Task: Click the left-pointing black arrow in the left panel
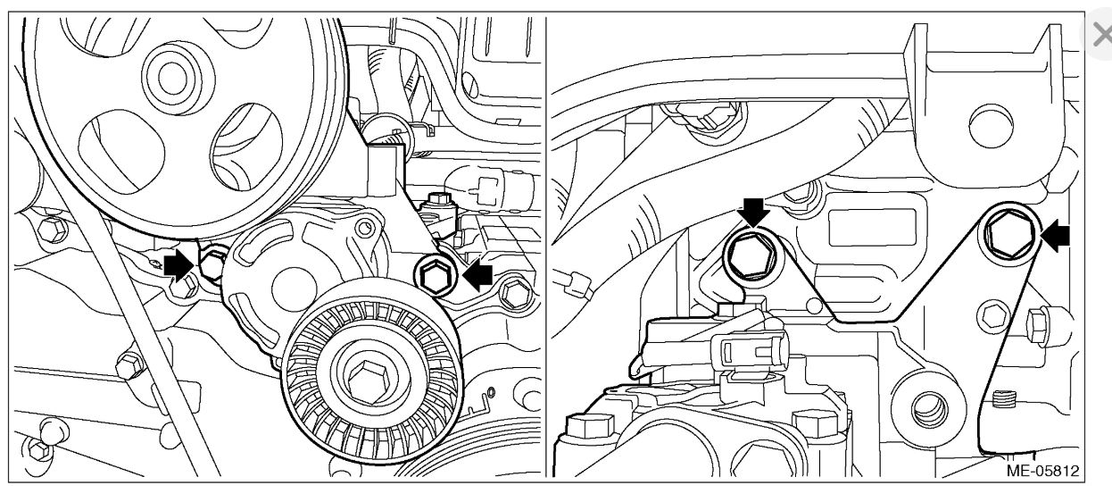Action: (x=476, y=276)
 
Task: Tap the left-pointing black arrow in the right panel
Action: (x=1057, y=237)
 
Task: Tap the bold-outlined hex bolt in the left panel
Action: (x=436, y=277)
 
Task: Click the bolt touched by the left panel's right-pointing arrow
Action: (x=212, y=264)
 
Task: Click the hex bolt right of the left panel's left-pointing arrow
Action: (x=513, y=292)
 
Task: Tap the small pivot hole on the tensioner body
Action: (x=363, y=230)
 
